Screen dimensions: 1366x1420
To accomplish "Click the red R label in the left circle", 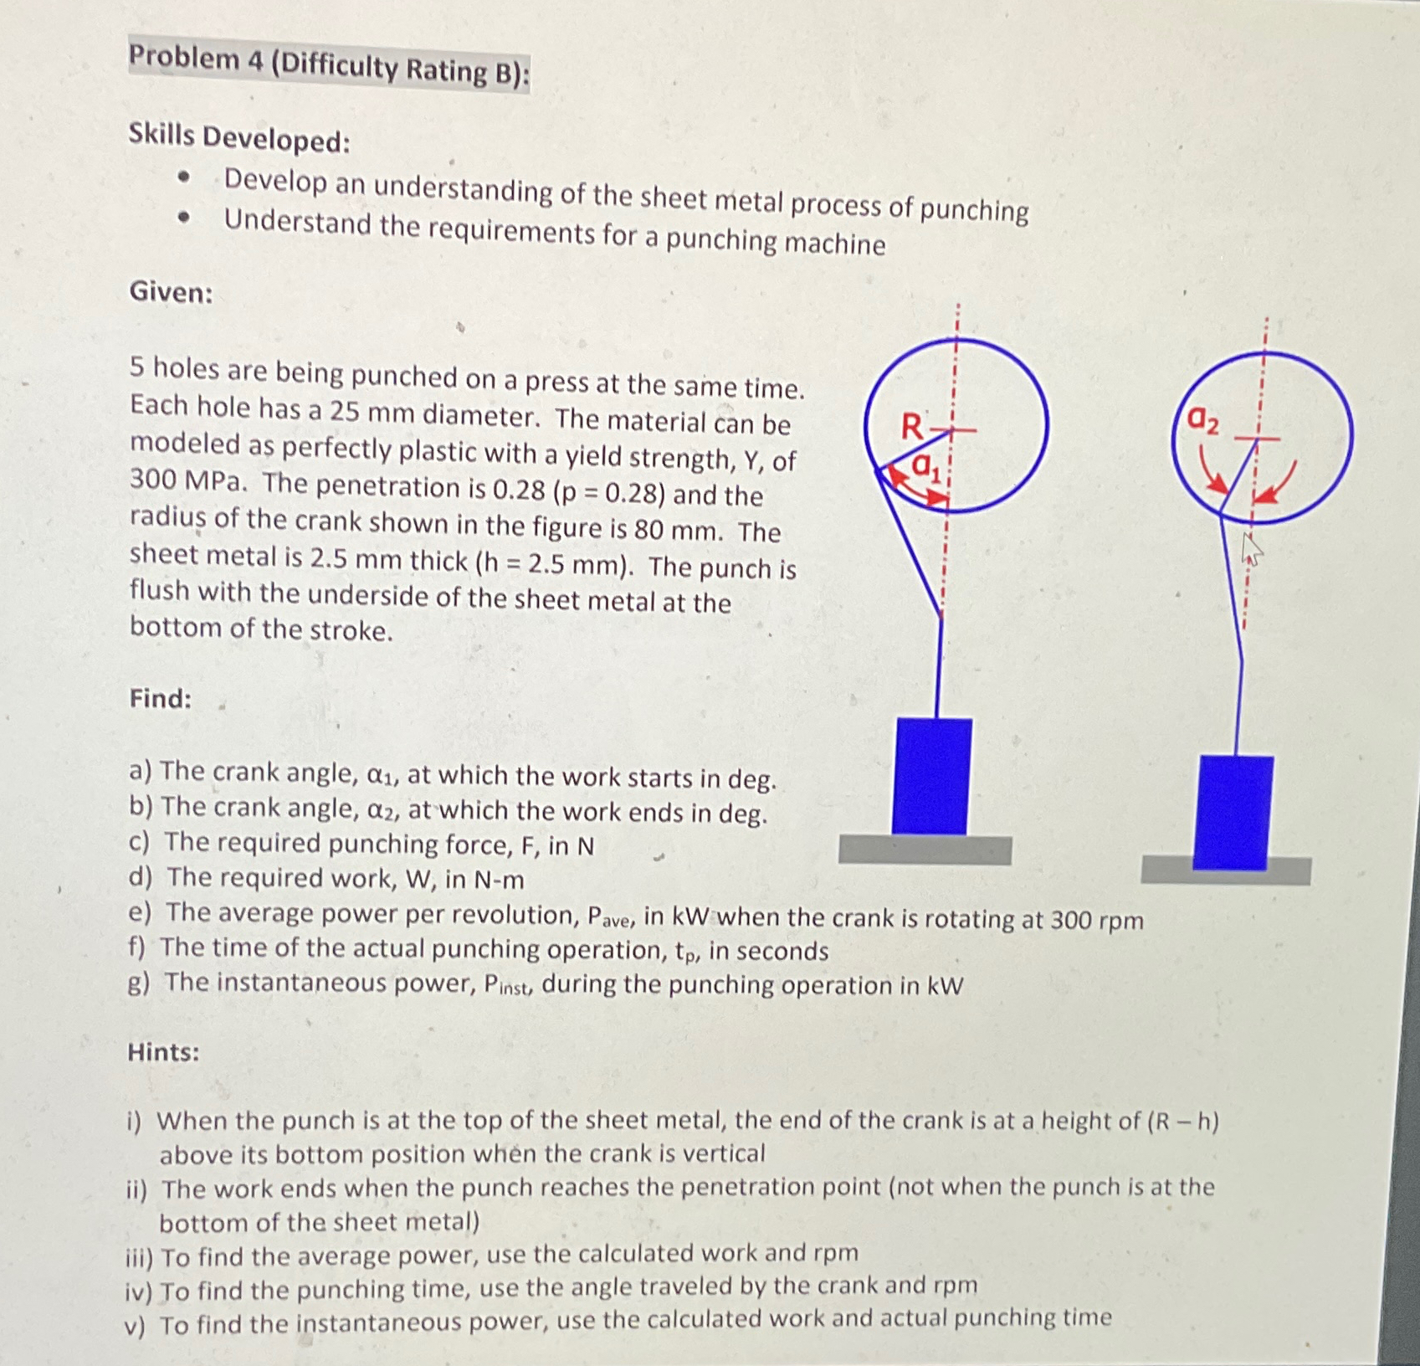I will coord(911,426).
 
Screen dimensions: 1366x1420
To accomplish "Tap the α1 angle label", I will coord(926,466).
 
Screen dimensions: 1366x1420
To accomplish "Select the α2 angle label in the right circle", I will coord(1202,419).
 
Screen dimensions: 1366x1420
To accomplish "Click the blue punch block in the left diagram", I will coord(931,775).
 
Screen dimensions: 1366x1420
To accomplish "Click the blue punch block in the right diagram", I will coord(1233,812).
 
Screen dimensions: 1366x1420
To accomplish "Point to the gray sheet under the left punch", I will coord(925,850).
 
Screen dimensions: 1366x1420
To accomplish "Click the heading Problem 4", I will coord(328,64).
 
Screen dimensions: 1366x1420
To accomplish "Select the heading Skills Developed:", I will coord(239,138).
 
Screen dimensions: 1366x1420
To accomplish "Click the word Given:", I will coord(171,292).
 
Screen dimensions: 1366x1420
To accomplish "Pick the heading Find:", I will coord(160,698).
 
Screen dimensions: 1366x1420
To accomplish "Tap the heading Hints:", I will coord(163,1051).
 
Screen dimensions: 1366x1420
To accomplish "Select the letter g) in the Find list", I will coord(139,982).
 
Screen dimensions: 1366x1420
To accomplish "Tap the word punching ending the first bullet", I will coord(974,209).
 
